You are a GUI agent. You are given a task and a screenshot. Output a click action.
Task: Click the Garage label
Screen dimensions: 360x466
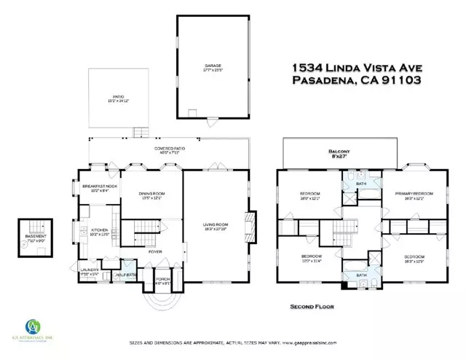tap(213, 66)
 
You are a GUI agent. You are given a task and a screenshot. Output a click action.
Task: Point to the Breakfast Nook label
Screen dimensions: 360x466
tap(100, 186)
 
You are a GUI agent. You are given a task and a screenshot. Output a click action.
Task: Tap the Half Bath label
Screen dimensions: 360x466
tap(126, 275)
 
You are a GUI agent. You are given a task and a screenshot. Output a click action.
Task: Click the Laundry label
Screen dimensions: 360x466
tap(90, 270)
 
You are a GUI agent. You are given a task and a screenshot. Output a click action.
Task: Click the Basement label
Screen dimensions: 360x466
tap(36, 237)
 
